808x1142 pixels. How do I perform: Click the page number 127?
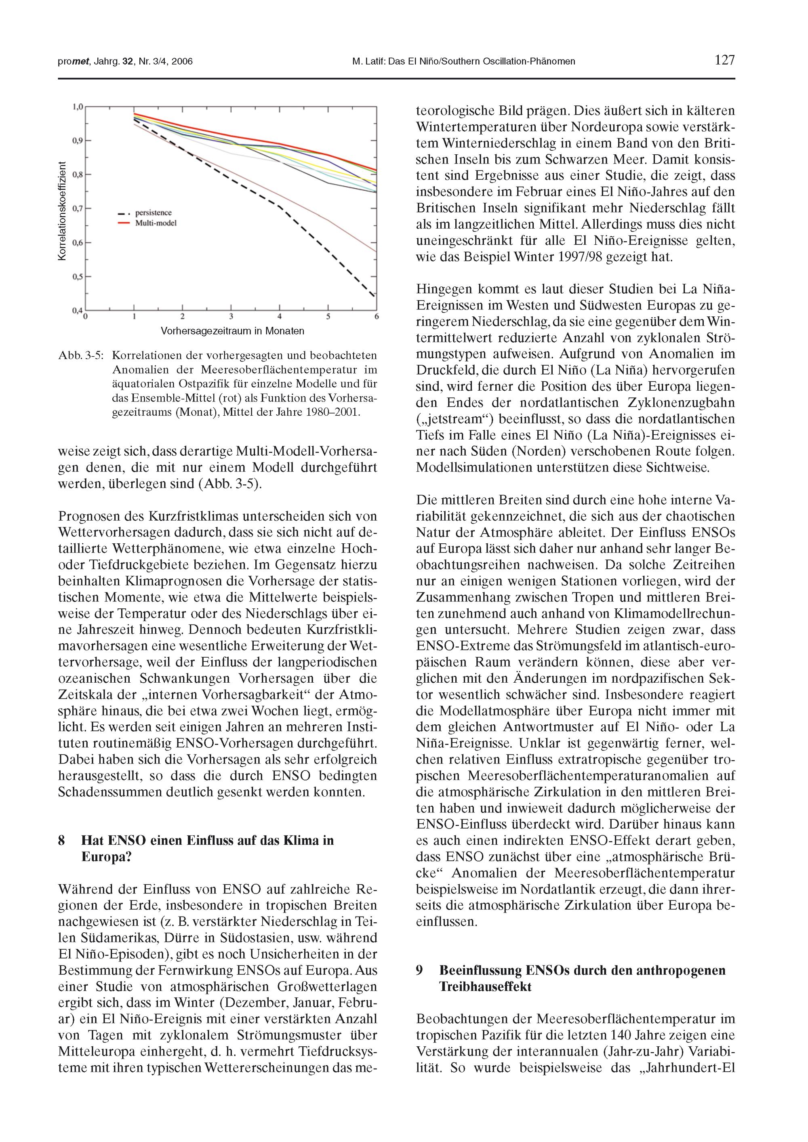724,60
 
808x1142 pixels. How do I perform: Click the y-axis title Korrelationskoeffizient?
62,211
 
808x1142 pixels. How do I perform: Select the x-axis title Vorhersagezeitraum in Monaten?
232,331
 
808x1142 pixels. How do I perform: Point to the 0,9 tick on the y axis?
77,141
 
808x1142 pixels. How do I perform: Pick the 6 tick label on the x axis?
377,316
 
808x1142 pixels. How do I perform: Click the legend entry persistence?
153,213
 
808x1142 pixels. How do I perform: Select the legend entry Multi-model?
156,223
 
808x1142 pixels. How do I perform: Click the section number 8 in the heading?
62,841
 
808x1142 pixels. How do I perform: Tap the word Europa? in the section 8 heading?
106,857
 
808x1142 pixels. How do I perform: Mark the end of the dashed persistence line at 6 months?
376,297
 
